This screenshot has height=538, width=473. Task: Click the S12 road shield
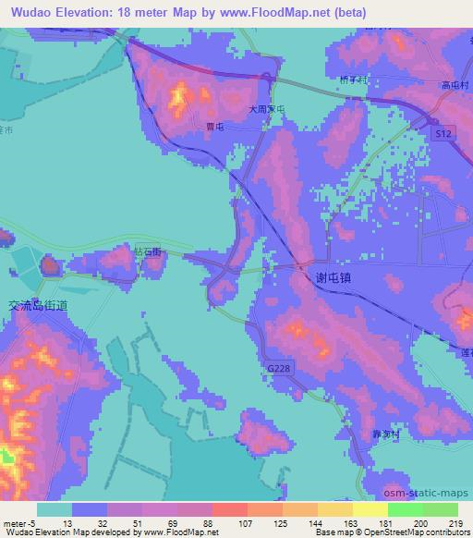444,135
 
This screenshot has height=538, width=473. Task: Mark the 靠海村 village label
386,433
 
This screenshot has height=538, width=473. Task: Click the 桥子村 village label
353,81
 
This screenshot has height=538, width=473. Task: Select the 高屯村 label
457,84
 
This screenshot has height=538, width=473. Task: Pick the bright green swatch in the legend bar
405,509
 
